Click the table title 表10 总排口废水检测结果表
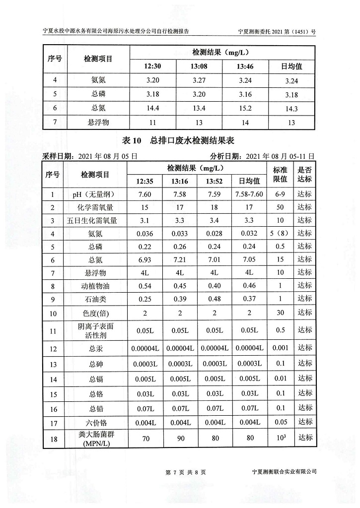coord(179,141)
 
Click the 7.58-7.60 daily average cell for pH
coord(249,194)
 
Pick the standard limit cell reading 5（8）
coord(281,233)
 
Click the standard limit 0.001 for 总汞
coord(281,348)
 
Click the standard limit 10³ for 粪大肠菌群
coord(281,438)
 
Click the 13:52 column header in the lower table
coord(214,181)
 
